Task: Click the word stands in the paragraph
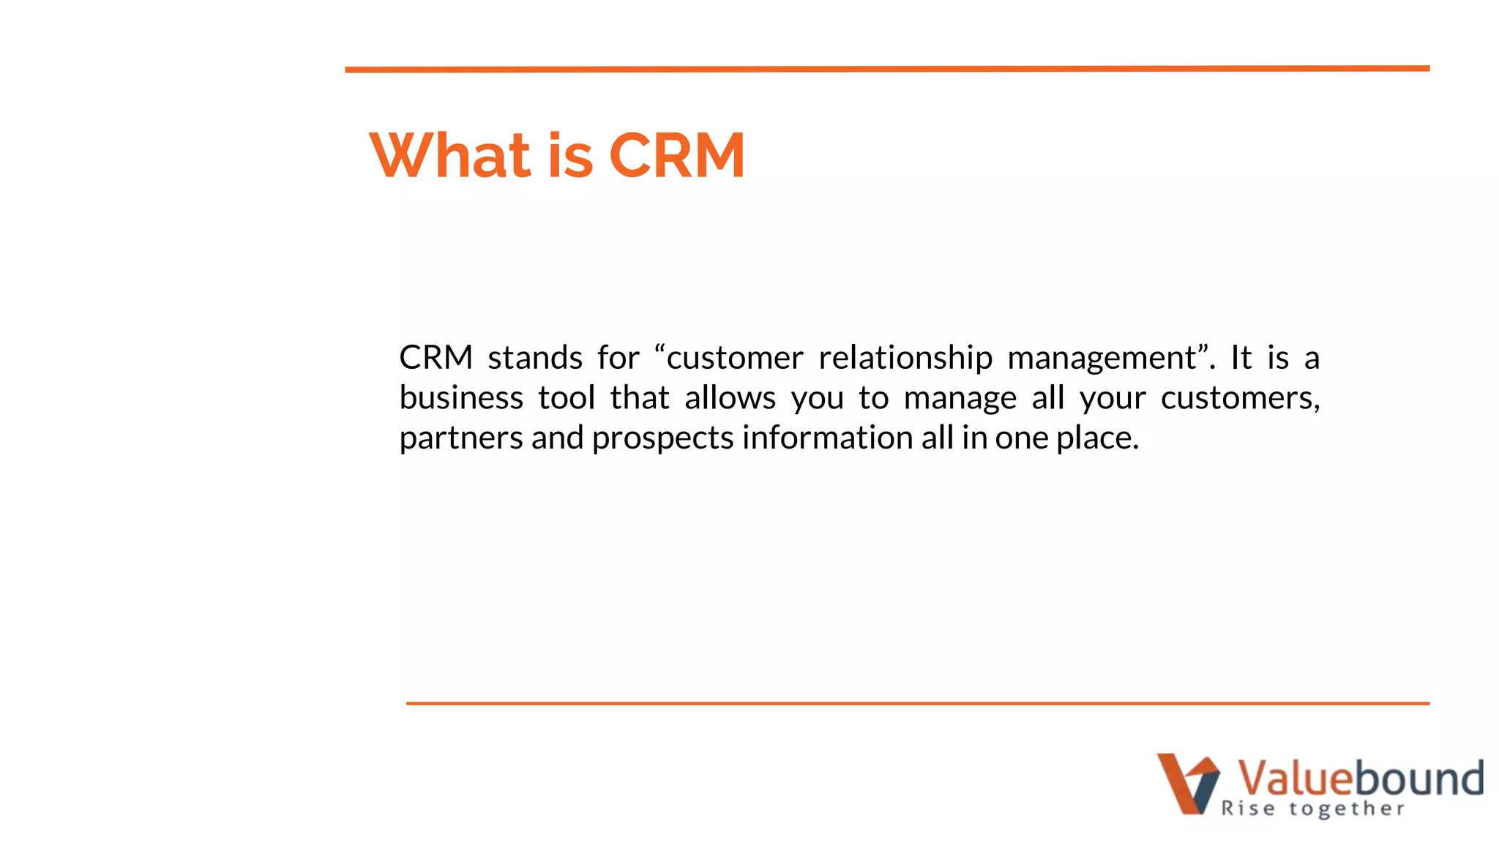coord(535,358)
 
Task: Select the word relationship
coord(905,358)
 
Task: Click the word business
coord(461,398)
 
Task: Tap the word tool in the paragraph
coord(567,398)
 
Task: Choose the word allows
coord(730,398)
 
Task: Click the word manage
coord(960,398)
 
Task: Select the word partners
coord(461,438)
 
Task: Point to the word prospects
coord(662,438)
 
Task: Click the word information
coord(827,438)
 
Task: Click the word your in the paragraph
coord(1113,398)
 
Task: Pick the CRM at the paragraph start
coord(436,358)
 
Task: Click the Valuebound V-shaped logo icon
coord(1187,783)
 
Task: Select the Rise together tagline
coord(1312,809)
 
